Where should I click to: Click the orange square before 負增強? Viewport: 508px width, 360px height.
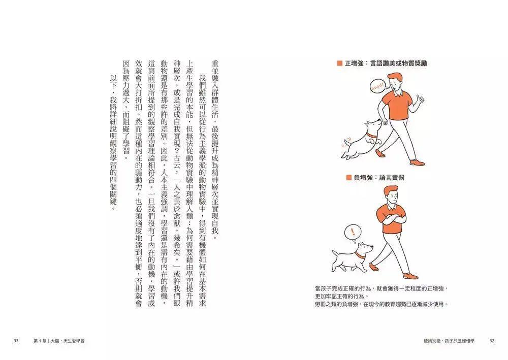[x=349, y=178]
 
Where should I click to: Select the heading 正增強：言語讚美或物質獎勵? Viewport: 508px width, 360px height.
[x=385, y=63]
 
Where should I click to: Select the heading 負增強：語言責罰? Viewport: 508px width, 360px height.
[x=379, y=178]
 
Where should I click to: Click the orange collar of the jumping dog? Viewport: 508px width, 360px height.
[x=372, y=135]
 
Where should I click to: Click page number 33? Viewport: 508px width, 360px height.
[x=16, y=341]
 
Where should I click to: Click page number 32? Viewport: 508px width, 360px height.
[x=492, y=341]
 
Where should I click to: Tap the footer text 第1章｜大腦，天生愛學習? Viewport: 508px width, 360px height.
[x=59, y=341]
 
